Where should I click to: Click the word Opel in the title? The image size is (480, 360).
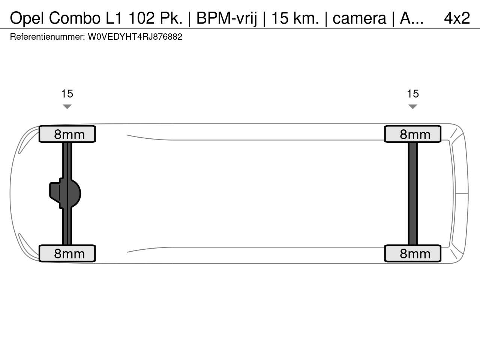click(x=27, y=18)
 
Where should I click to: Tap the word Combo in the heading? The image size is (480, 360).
click(x=75, y=18)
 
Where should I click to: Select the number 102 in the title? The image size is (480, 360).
click(x=141, y=18)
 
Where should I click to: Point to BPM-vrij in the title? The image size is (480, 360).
click(x=226, y=18)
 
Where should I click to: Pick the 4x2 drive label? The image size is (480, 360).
click(x=457, y=18)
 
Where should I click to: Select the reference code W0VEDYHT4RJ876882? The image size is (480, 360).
click(x=135, y=37)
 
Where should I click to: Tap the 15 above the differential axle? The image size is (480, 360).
click(x=67, y=94)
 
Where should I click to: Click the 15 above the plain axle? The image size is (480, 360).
click(x=413, y=94)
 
